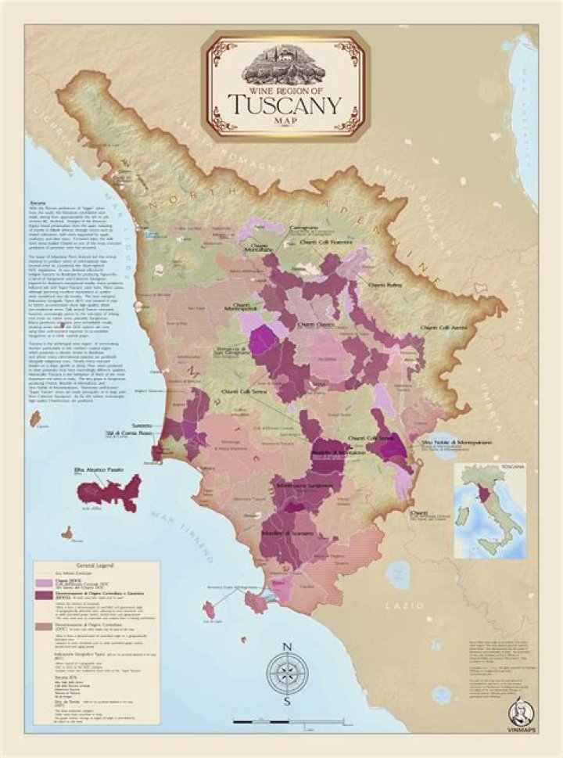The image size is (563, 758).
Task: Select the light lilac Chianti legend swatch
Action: [x=42, y=581]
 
